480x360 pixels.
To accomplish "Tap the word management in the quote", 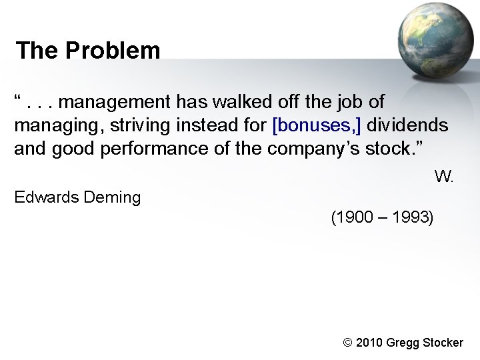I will click(x=121, y=103).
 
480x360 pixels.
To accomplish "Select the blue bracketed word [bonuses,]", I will click(x=317, y=125).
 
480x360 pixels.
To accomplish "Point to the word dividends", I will click(x=409, y=125).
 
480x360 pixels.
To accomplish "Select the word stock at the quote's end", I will click(x=387, y=148).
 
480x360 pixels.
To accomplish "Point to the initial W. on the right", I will click(x=443, y=177).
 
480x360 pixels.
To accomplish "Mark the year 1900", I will click(x=354, y=217).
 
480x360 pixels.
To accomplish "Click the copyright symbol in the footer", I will click(x=347, y=343).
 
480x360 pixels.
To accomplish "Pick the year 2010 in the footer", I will click(x=371, y=343).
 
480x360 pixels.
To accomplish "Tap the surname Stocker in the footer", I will click(x=442, y=343).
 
